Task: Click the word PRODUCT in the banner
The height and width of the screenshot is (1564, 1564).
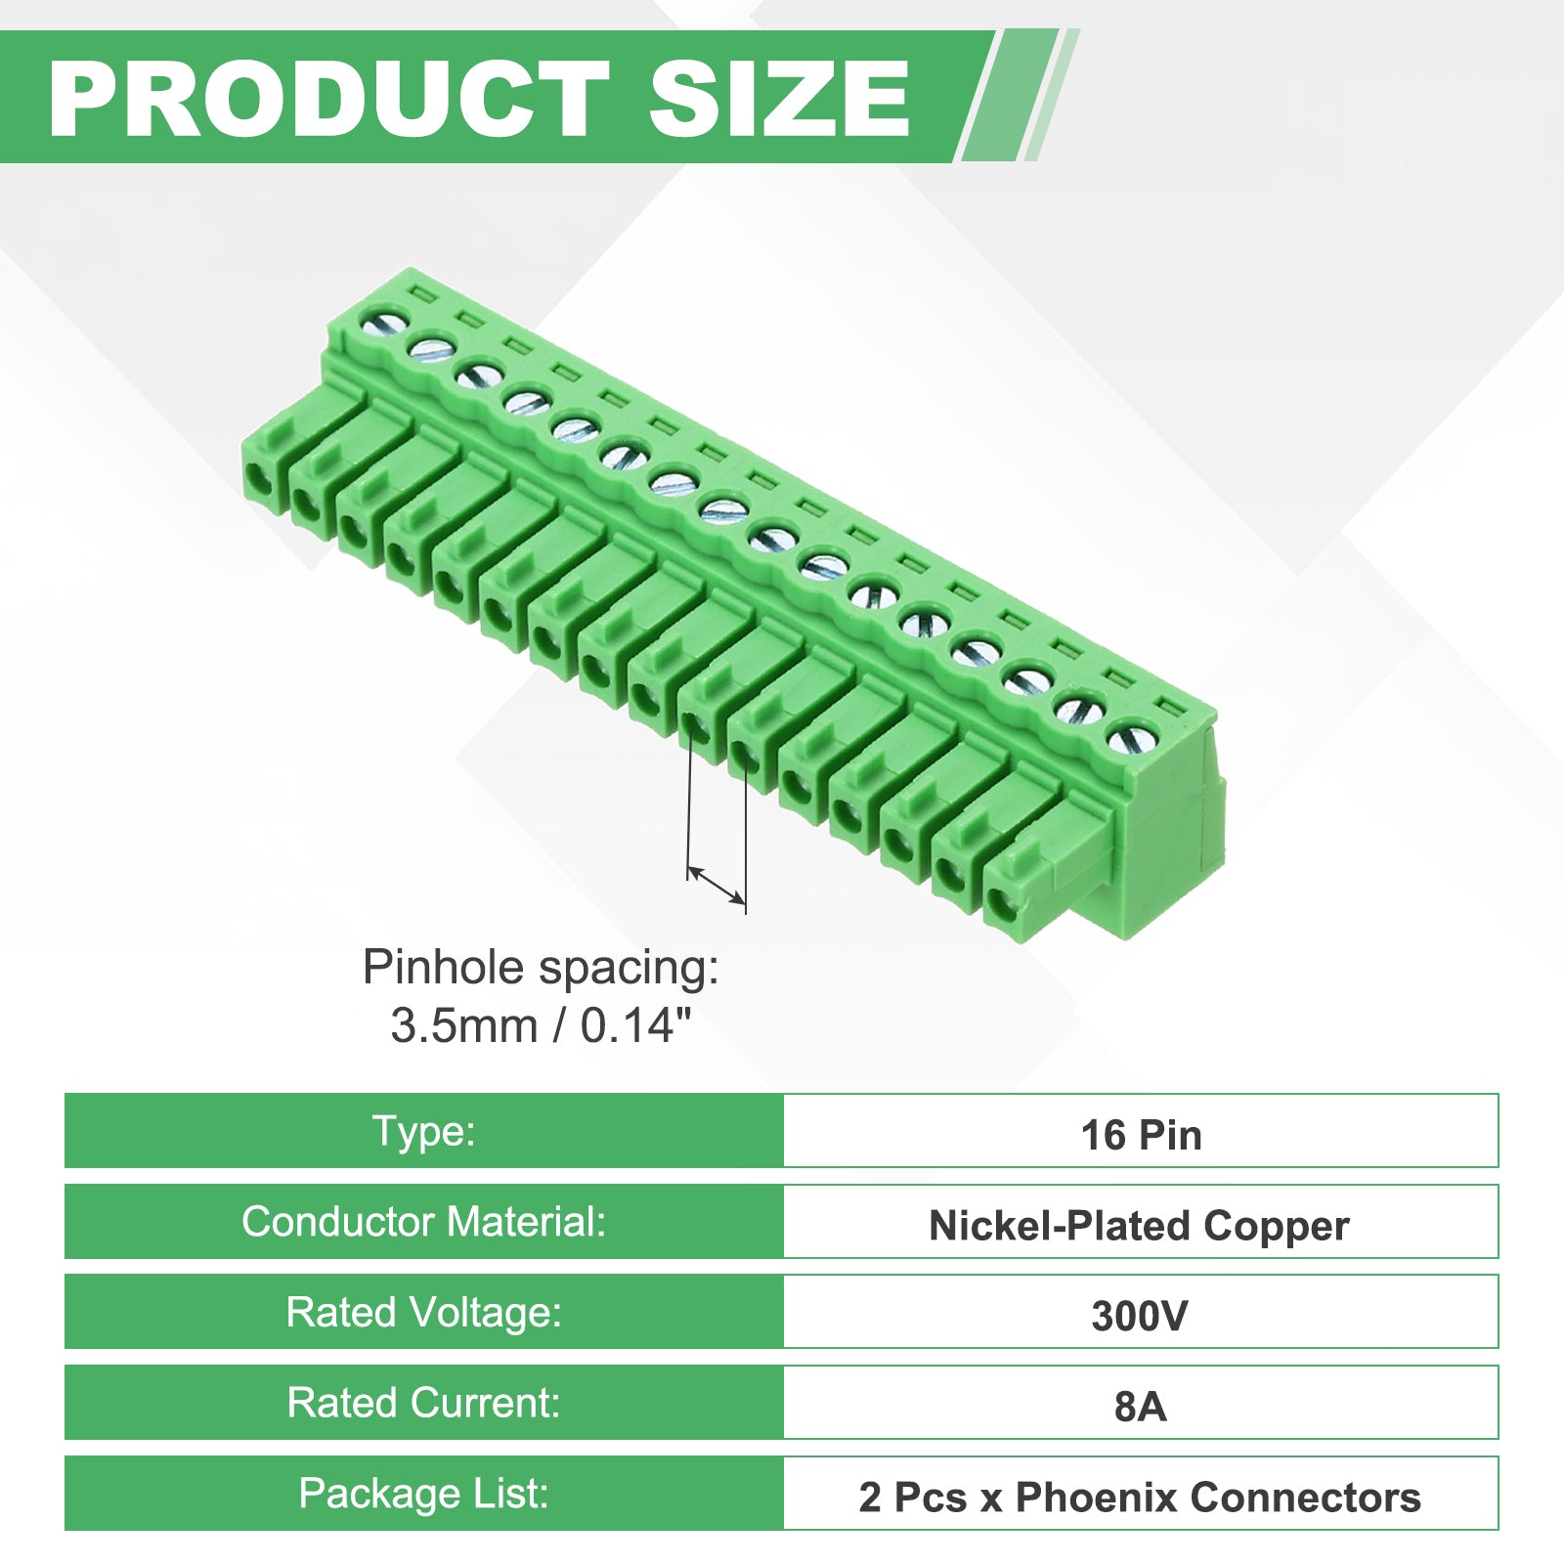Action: (328, 98)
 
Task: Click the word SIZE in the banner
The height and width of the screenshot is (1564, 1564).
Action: (779, 98)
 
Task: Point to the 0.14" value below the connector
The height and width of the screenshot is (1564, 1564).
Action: (636, 1026)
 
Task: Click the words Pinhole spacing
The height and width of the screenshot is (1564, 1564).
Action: (541, 969)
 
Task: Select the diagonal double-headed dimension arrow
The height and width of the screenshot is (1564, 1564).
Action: (717, 884)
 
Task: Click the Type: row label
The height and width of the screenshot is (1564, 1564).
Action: (423, 1131)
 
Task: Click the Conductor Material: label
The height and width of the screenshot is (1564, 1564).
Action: (423, 1222)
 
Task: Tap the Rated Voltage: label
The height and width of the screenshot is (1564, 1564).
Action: (423, 1313)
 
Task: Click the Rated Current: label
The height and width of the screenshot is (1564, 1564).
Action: (423, 1403)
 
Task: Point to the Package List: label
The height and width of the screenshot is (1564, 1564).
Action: (423, 1494)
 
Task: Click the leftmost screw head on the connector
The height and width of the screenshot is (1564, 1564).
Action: (383, 320)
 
